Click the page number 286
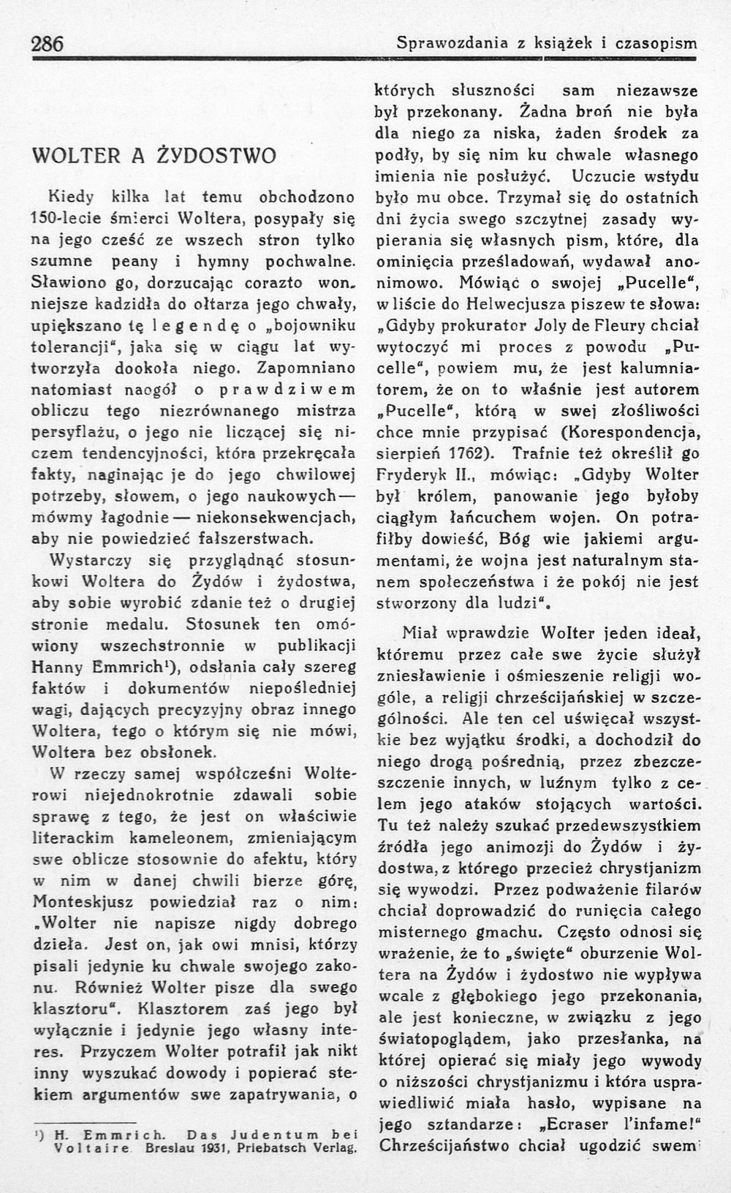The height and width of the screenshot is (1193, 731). [x=48, y=43]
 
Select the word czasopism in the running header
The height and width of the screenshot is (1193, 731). [x=656, y=43]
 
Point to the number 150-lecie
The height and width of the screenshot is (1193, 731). [x=67, y=218]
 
